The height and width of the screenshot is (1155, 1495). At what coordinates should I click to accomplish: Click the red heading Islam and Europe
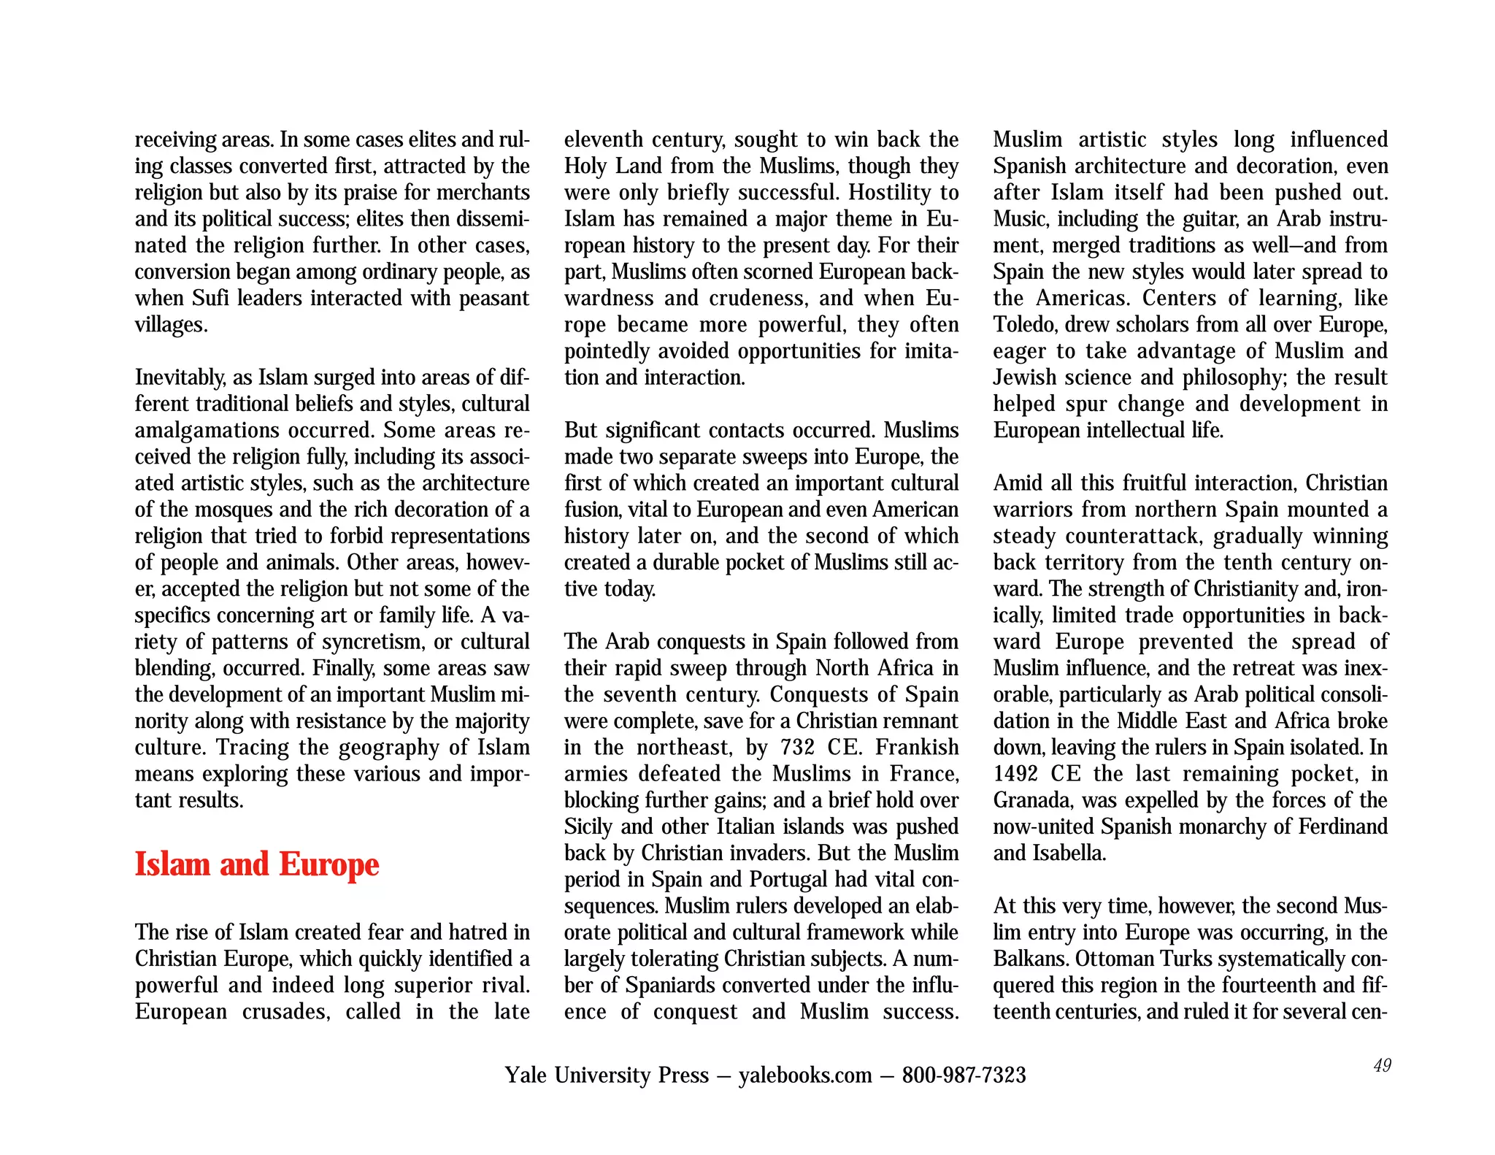pyautogui.click(x=257, y=864)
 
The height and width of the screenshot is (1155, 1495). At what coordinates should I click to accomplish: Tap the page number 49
pyautogui.click(x=1382, y=1065)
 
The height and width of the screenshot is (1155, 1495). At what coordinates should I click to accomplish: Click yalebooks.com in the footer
pyautogui.click(x=805, y=1075)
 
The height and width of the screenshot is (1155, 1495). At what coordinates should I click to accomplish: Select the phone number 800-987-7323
pyautogui.click(x=964, y=1075)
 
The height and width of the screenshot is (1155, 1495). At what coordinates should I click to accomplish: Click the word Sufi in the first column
pyautogui.click(x=210, y=299)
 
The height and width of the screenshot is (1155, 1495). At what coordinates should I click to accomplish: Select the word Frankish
pyautogui.click(x=917, y=748)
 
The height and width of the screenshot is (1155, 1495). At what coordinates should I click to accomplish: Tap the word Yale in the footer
pyautogui.click(x=525, y=1075)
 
